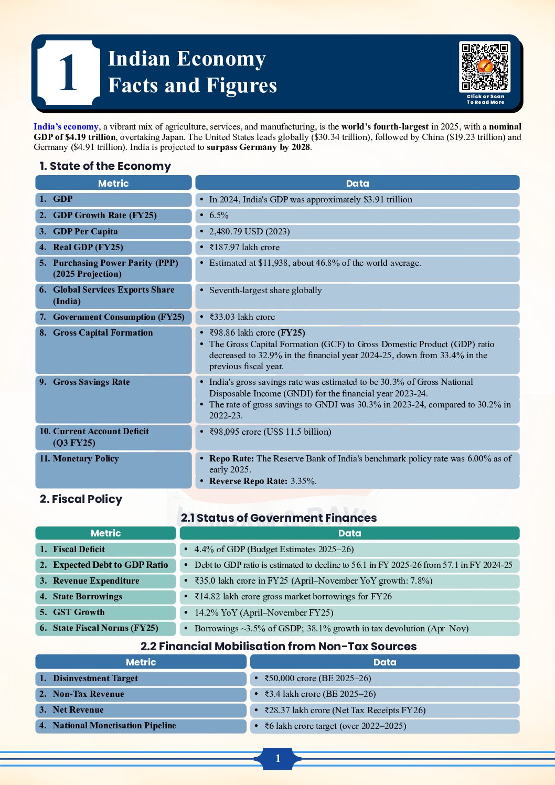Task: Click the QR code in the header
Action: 485,67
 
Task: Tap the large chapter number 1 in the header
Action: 68,73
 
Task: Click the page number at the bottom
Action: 277,758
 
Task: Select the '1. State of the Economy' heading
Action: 105,166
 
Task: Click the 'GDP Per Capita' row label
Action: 85,231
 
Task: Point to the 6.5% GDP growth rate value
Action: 219,216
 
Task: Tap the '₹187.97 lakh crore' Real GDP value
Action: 244,248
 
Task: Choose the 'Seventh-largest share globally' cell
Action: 265,291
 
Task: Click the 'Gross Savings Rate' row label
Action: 91,382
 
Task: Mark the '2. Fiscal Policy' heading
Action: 81,499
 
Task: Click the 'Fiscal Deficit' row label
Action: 79,549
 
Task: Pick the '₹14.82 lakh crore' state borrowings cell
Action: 293,597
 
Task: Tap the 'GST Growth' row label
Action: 79,612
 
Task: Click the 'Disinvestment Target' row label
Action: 95,679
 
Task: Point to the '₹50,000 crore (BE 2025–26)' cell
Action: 317,679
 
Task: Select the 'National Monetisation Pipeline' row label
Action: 114,726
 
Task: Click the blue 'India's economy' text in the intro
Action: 66,127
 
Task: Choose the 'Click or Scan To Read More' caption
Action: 485,100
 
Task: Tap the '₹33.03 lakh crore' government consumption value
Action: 242,317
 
